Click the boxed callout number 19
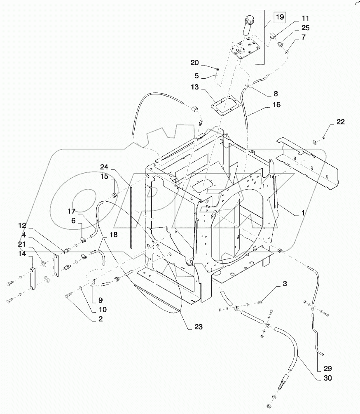coord(279,17)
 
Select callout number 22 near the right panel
coord(340,122)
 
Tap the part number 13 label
coord(195,87)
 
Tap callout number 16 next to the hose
coord(276,105)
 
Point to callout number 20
coord(194,63)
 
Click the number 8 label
coord(276,94)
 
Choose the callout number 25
coord(305,28)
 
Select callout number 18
coord(113,234)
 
